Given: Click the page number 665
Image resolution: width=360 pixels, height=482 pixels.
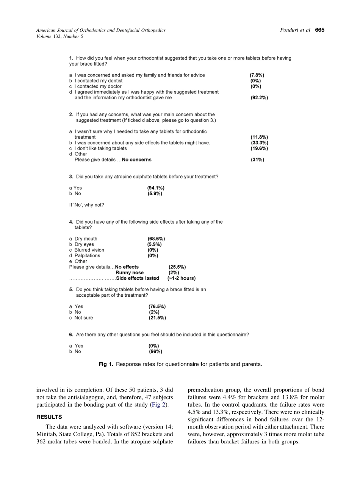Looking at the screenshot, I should pos(319,30).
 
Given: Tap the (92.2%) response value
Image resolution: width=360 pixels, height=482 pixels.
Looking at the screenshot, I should pos(259,98).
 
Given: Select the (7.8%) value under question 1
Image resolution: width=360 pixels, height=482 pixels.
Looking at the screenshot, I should pos(257,75).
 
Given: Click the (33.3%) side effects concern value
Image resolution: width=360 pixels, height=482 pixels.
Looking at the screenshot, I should pos(259,143).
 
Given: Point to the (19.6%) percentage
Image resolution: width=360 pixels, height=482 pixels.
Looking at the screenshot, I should pos(259,149).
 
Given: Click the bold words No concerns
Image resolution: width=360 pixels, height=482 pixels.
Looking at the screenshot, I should pos(136,160).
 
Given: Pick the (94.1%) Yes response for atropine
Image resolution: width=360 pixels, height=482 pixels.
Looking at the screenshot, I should pos(156,188).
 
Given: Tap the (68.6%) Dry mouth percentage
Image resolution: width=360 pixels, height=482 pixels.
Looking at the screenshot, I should pos(156,239).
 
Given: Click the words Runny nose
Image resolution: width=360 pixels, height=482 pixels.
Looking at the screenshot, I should pos(130,272).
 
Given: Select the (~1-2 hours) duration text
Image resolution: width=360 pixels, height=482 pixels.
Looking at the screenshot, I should pos(182,278).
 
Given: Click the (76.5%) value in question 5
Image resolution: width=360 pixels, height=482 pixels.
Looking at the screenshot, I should pos(157,307).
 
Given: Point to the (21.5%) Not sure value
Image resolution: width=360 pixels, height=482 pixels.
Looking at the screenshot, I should pos(157,318).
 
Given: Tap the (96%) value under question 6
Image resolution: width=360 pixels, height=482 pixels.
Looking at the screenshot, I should pos(155,352).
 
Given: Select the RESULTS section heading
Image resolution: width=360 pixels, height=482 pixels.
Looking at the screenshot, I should pos(49,417).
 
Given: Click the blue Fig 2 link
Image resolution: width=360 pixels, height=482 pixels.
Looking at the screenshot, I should pos(158,405).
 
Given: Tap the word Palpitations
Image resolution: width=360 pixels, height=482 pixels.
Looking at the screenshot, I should pos(88,256).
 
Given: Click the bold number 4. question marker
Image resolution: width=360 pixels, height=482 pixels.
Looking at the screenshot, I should pos(71,222).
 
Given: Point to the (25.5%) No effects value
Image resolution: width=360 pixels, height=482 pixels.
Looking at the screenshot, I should pos(177,267).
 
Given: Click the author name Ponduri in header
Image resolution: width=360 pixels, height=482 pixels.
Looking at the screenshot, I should pos(289,30).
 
